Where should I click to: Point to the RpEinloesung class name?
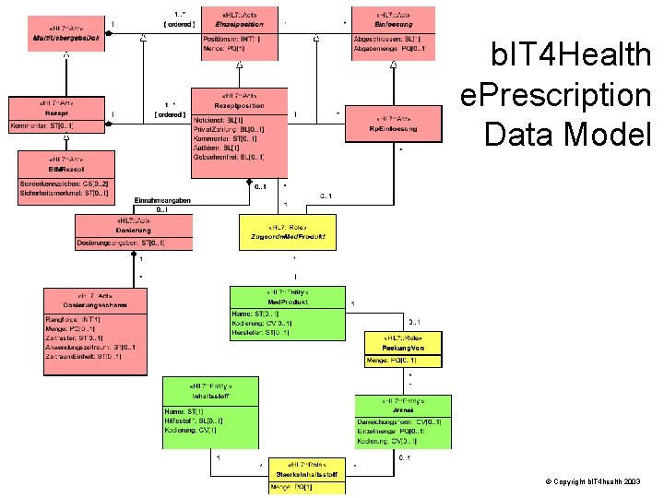[x=393, y=129]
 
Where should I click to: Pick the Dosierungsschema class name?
[x=94, y=304]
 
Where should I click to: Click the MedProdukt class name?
[x=288, y=302]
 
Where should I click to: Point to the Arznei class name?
[x=403, y=410]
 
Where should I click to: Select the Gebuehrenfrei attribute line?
[x=222, y=158]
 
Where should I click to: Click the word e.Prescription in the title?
[x=556, y=95]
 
